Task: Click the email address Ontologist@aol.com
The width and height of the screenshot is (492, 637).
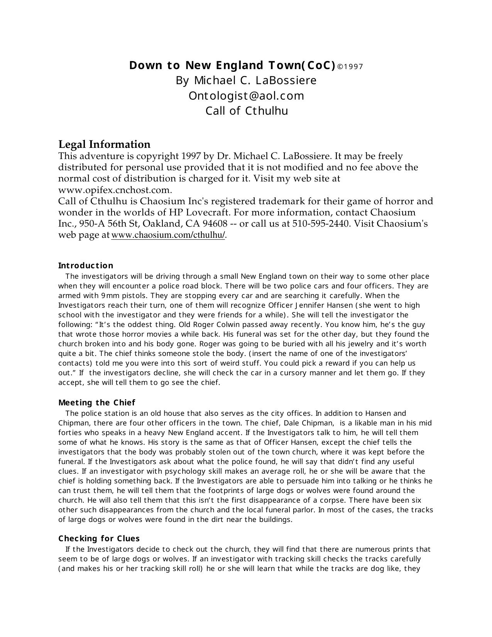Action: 246,96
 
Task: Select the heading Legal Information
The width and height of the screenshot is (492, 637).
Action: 104,144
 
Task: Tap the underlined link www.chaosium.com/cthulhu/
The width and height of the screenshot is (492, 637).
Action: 168,235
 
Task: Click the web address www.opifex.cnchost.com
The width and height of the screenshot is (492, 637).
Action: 114,190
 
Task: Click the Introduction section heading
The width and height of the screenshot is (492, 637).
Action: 86,266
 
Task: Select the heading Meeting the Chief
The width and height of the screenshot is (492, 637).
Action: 96,403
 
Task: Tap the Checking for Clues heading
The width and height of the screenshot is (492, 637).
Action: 99,539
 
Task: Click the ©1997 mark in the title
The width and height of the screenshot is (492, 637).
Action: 350,67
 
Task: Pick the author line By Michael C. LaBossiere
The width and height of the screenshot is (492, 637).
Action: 246,81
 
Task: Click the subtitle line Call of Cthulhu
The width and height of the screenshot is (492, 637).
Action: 246,111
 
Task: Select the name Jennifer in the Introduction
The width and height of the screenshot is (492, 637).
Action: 301,305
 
